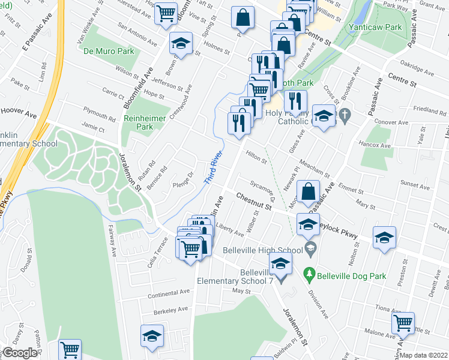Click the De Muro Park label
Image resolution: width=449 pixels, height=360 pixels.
109,51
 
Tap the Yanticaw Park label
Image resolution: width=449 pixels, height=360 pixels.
376,27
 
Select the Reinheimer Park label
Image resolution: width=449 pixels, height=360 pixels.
144,122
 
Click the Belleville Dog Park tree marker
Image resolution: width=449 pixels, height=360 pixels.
309,274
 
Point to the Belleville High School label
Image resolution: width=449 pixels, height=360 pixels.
271,250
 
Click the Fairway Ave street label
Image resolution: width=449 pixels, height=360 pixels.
113,242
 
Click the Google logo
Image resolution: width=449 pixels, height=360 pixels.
19,353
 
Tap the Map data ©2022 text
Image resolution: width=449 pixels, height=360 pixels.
426,355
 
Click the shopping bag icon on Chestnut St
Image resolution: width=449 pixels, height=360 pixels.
308,192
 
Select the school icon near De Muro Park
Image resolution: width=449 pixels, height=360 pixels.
180,43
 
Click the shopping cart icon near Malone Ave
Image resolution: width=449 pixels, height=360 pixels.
403,323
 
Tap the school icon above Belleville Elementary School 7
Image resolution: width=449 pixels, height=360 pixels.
280,262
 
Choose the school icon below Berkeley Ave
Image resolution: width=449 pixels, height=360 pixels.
152,336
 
